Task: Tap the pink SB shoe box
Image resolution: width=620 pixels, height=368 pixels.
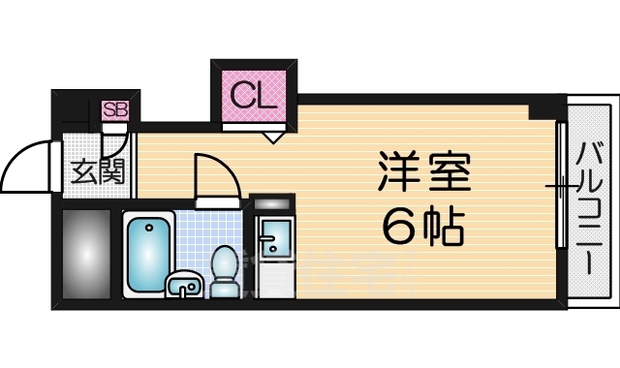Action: [115, 109]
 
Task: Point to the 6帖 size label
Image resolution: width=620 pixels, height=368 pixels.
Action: [422, 228]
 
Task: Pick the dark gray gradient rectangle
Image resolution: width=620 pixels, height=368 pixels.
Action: [85, 254]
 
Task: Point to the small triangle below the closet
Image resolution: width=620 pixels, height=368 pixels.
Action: [274, 138]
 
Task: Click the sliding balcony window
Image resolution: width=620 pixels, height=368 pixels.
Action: [559, 184]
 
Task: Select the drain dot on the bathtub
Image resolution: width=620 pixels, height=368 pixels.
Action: [148, 230]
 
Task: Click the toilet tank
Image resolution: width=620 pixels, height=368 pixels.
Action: [225, 288]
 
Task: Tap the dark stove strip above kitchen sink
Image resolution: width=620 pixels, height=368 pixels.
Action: [271, 205]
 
